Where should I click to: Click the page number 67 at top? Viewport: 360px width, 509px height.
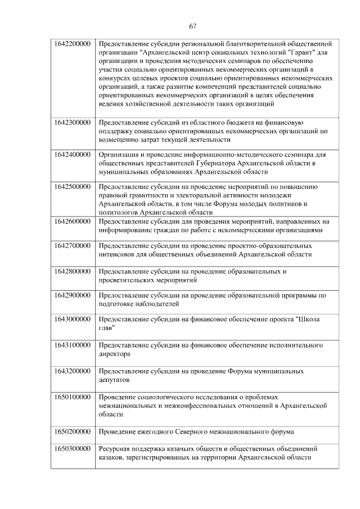pyautogui.click(x=192, y=26)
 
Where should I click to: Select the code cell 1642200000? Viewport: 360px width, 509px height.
pyautogui.click(x=73, y=44)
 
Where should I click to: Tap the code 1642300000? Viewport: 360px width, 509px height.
pyautogui.click(x=73, y=122)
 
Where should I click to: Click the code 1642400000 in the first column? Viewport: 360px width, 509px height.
pyautogui.click(x=73, y=154)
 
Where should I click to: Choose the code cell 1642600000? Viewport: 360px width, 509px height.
pyautogui.click(x=73, y=221)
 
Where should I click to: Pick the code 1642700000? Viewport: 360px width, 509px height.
pyautogui.click(x=73, y=246)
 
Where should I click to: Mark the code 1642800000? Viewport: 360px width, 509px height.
pyautogui.click(x=73, y=271)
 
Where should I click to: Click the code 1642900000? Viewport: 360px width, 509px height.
pyautogui.click(x=73, y=295)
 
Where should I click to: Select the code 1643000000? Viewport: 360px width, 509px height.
pyautogui.click(x=73, y=319)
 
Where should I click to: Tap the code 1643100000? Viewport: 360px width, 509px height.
pyautogui.click(x=73, y=344)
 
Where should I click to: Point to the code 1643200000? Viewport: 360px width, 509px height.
pyautogui.click(x=73, y=371)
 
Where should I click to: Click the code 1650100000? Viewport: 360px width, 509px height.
pyautogui.click(x=73, y=397)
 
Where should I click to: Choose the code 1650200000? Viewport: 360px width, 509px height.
pyautogui.click(x=73, y=431)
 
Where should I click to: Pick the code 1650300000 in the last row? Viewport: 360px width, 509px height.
pyautogui.click(x=73, y=449)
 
